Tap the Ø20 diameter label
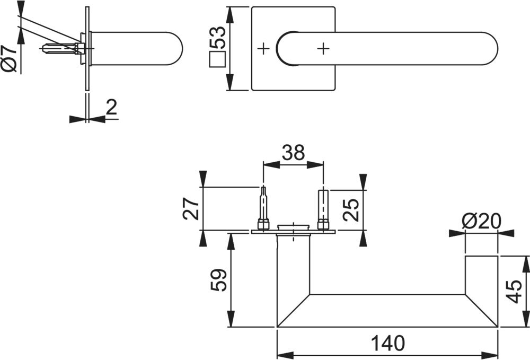click(x=481, y=222)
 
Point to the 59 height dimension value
click(x=218, y=280)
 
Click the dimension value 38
click(x=293, y=153)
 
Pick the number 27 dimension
click(x=191, y=208)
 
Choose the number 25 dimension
click(x=350, y=210)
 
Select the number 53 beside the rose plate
click(x=217, y=37)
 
